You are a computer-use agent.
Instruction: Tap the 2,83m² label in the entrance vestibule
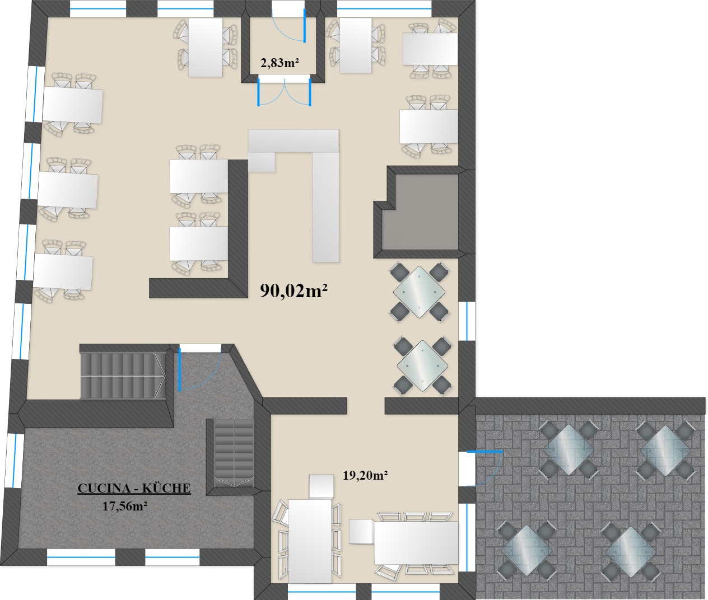pyautogui.click(x=280, y=63)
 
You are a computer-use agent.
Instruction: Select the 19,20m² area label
pyautogui.click(x=365, y=475)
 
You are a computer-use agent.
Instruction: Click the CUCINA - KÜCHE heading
pyautogui.click(x=134, y=488)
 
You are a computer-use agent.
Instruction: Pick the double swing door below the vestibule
pyautogui.click(x=285, y=92)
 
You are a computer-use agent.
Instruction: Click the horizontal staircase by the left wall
pyautogui.click(x=122, y=376)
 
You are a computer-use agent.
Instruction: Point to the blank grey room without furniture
pyautogui.click(x=420, y=212)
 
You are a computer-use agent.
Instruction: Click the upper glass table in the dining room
pyautogui.click(x=419, y=292)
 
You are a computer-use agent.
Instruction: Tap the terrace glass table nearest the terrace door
pyautogui.click(x=569, y=449)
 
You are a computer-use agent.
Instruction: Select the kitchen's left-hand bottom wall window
pyautogui.click(x=81, y=558)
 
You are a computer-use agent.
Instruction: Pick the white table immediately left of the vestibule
pyautogui.click(x=206, y=47)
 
